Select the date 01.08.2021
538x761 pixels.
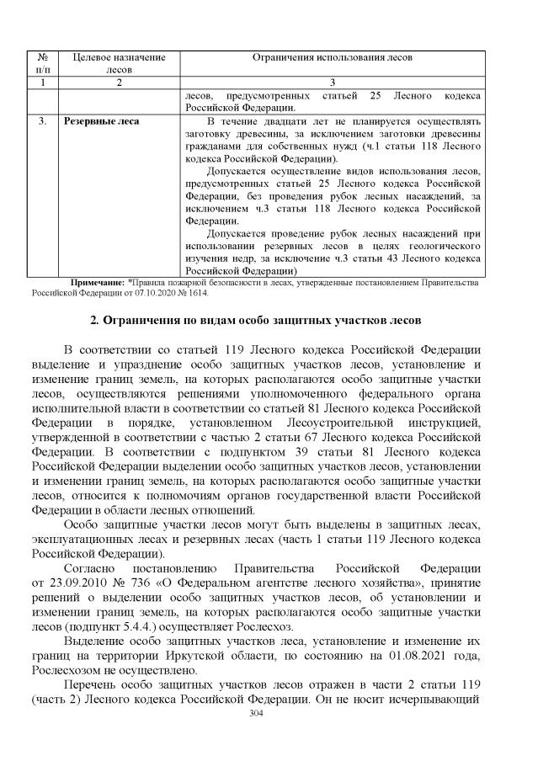397,657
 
